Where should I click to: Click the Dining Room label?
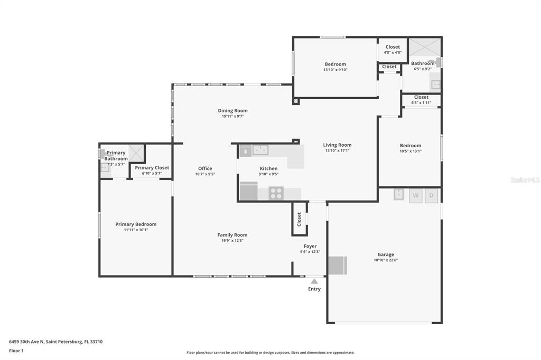coord(232,111)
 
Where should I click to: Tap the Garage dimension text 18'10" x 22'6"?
coord(385,260)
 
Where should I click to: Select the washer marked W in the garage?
coord(416,195)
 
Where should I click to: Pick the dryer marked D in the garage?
coord(431,195)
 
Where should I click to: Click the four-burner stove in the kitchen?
coord(276,193)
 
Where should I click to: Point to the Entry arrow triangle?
coord(314,281)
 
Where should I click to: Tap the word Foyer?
coord(310,246)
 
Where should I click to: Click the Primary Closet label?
coord(152,168)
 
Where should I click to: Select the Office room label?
coord(205,168)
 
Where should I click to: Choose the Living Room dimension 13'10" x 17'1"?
coord(337,150)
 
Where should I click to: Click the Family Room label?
coord(232,235)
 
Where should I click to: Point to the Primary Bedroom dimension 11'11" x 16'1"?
coord(136,230)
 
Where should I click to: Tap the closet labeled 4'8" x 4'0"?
coord(393,49)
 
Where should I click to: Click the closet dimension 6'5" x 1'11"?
coord(421,103)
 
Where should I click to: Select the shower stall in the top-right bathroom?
coord(425,47)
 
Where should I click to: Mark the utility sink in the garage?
coord(399,194)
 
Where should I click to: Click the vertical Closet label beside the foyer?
coord(299,219)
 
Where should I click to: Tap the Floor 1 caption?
coord(16,350)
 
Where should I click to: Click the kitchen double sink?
coord(260,150)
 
